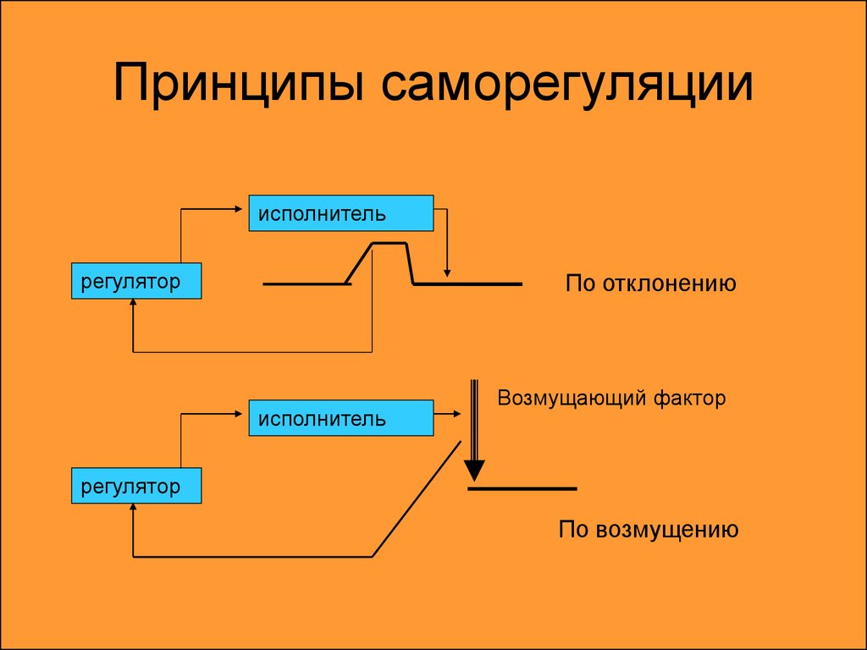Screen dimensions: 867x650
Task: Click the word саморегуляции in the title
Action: click(566, 85)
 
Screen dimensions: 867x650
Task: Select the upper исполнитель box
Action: click(341, 212)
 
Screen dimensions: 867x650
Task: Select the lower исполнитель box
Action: click(341, 418)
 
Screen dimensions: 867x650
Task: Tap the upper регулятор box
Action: click(136, 281)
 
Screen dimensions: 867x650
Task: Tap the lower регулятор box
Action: click(136, 485)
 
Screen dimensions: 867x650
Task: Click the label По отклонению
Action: click(651, 284)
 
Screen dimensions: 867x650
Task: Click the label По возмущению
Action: click(649, 530)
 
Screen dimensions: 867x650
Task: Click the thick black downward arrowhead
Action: click(474, 471)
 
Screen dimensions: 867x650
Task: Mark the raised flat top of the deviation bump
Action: click(389, 243)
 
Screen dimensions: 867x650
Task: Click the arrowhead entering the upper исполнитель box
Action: click(239, 209)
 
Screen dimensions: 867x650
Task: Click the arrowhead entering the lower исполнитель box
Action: click(239, 413)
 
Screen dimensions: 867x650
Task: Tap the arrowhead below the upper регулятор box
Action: click(133, 303)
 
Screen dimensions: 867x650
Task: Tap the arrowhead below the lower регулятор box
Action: click(133, 508)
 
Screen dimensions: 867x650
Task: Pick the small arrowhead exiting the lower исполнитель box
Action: click(456, 413)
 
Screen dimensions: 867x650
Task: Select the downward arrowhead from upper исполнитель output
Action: click(447, 273)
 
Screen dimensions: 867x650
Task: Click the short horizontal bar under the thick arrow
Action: click(522, 488)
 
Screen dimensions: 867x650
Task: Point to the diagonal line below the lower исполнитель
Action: click(417, 499)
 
